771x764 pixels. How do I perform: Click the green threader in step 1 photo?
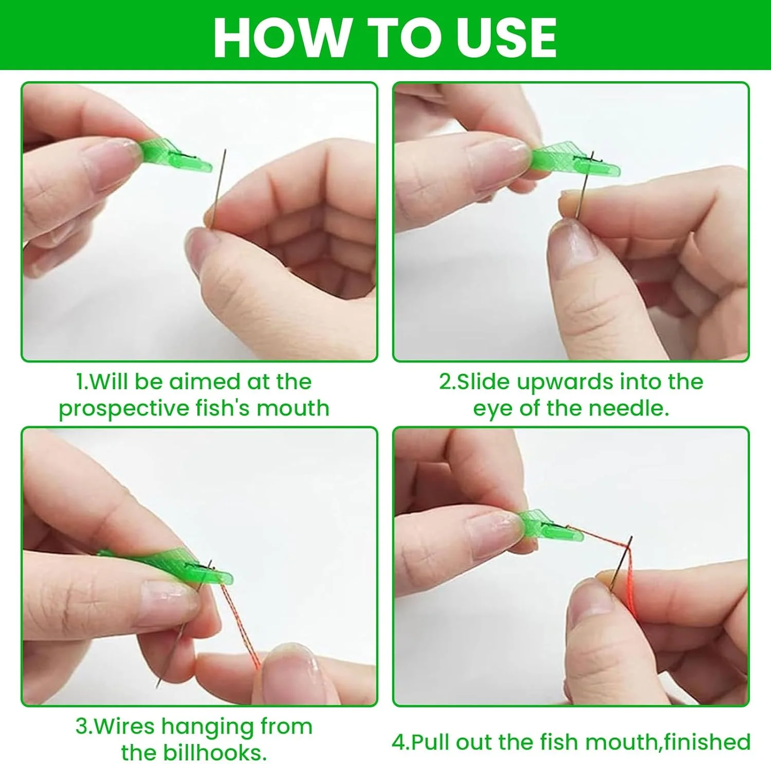click(x=174, y=155)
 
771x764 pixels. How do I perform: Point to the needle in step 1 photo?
click(x=217, y=187)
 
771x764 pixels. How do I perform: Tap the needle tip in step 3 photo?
click(x=157, y=687)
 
